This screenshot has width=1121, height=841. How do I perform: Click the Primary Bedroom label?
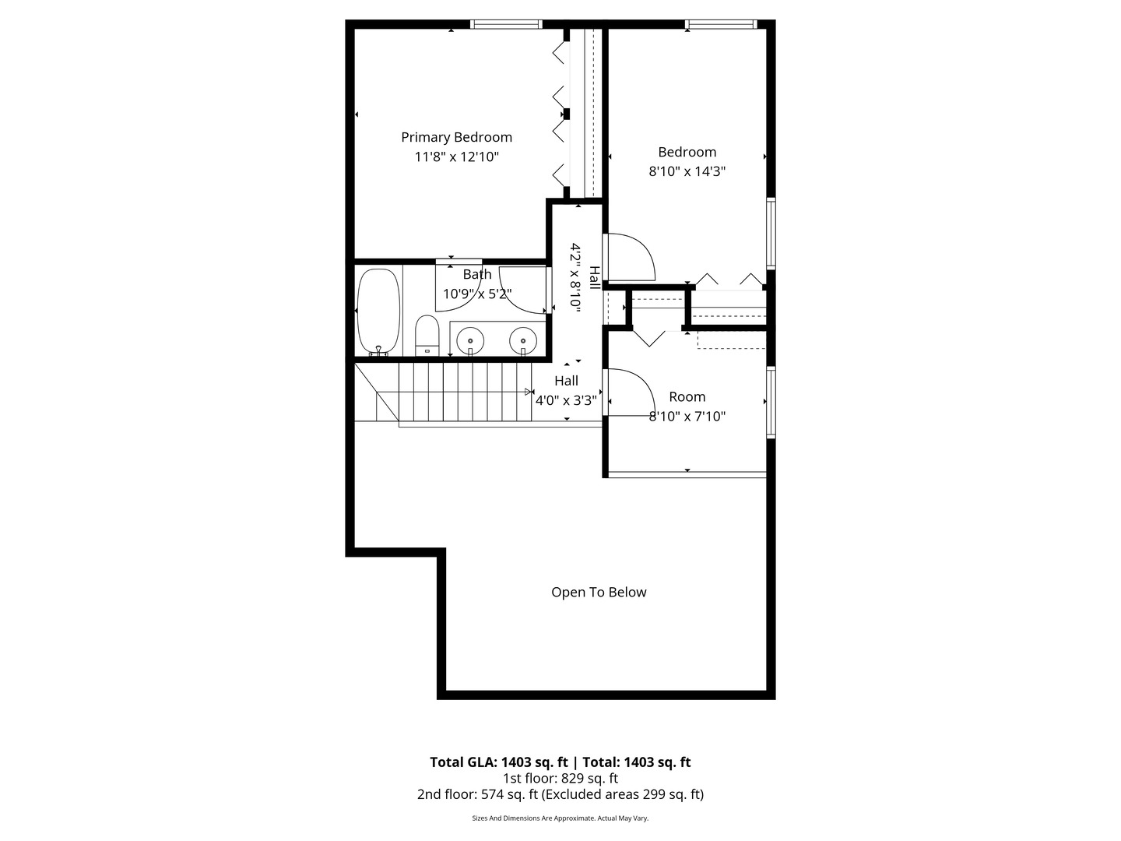click(456, 137)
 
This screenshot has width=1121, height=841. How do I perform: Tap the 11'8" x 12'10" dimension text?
click(456, 157)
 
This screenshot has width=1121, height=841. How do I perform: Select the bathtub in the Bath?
click(379, 311)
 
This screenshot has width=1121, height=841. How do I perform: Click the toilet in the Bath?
click(427, 335)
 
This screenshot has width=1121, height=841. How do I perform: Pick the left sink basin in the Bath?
click(470, 340)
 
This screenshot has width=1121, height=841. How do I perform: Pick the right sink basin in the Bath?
click(523, 340)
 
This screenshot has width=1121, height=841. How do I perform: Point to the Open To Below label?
click(599, 592)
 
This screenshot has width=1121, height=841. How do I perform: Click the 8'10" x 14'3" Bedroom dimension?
click(687, 171)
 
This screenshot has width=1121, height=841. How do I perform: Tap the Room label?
click(687, 396)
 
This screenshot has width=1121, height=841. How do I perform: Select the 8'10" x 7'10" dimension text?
click(687, 417)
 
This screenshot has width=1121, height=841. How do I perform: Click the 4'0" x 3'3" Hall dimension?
click(566, 401)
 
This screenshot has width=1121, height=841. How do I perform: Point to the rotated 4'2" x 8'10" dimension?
click(576, 277)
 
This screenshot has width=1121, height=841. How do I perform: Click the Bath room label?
click(477, 274)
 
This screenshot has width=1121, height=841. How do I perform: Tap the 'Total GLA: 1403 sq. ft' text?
click(499, 762)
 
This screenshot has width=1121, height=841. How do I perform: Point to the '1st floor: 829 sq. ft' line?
click(560, 778)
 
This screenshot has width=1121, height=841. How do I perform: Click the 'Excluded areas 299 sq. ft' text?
click(624, 794)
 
